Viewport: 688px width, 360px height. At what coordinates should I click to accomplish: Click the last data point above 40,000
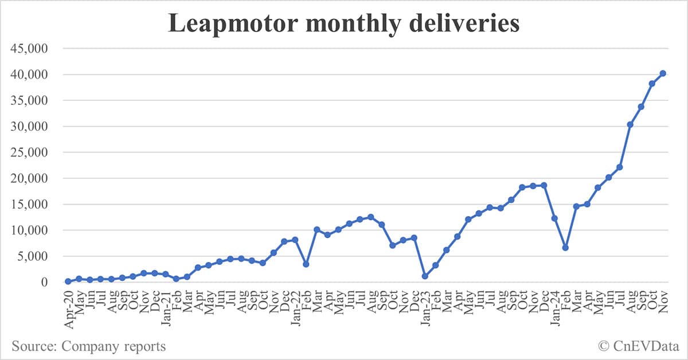pyautogui.click(x=662, y=73)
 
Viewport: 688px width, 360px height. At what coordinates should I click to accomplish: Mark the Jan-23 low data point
pyautogui.click(x=425, y=276)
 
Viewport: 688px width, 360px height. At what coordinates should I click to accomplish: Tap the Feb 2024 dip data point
pyautogui.click(x=565, y=248)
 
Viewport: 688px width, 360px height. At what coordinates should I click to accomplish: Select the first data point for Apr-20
pyautogui.click(x=68, y=281)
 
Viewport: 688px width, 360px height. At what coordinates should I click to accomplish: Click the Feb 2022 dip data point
pyautogui.click(x=306, y=264)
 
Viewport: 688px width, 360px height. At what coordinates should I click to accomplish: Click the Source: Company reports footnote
pyautogui.click(x=88, y=346)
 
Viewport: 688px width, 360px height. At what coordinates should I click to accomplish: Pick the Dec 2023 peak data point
pyautogui.click(x=544, y=185)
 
